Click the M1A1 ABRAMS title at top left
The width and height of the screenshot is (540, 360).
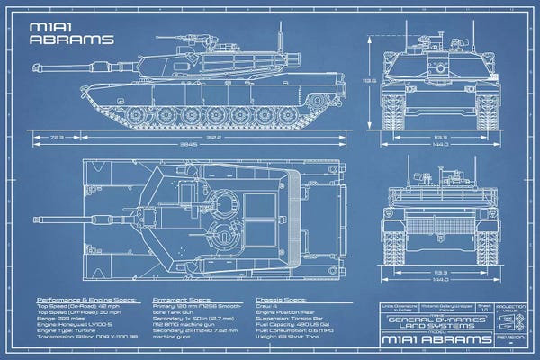tap(72, 34)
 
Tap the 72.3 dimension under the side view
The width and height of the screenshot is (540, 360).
tap(57, 138)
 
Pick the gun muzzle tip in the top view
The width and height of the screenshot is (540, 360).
tap(37, 218)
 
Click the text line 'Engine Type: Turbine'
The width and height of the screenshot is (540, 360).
tap(70, 330)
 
